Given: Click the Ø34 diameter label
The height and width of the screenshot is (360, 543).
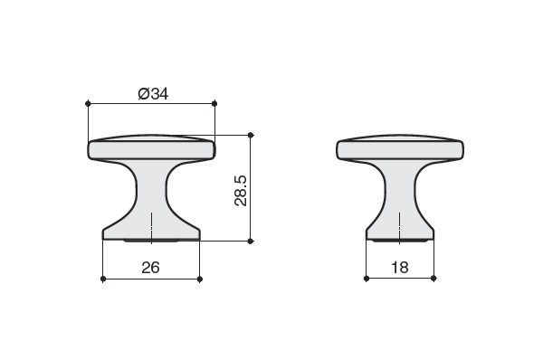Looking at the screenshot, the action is (x=153, y=93).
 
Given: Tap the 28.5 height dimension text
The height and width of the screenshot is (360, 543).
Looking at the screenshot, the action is (x=241, y=191).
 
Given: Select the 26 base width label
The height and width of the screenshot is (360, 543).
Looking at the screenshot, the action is (x=150, y=268).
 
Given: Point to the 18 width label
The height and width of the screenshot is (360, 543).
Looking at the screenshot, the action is (x=400, y=267).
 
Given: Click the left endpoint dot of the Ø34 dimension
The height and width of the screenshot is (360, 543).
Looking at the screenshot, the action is (x=88, y=103).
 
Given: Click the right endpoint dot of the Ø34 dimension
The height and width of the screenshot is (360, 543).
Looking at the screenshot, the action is (x=214, y=103).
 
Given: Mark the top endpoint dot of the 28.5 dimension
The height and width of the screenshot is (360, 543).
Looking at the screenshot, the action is (x=251, y=135).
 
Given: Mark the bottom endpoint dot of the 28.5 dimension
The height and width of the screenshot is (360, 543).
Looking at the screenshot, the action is (x=251, y=242).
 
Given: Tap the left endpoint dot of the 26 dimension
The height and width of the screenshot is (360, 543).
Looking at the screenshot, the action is (x=103, y=279).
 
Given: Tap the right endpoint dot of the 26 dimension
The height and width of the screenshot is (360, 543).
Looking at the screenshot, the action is (x=199, y=279).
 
